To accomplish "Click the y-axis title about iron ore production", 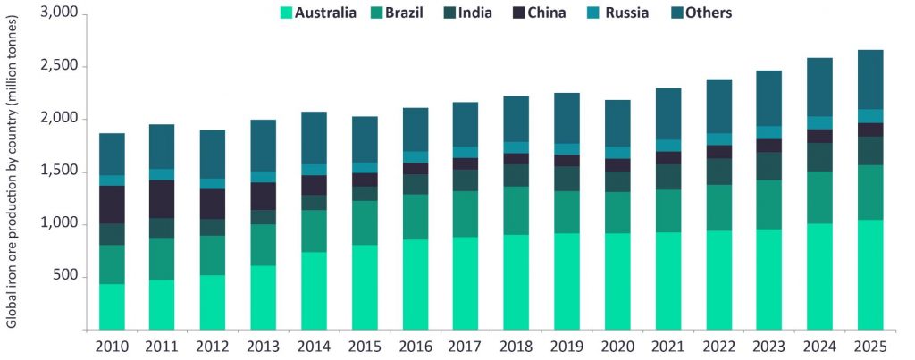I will [x=12, y=179].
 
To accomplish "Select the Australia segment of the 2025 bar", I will [x=870, y=274].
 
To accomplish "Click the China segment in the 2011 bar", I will [x=163, y=199].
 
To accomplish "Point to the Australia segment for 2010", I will [x=112, y=306].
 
